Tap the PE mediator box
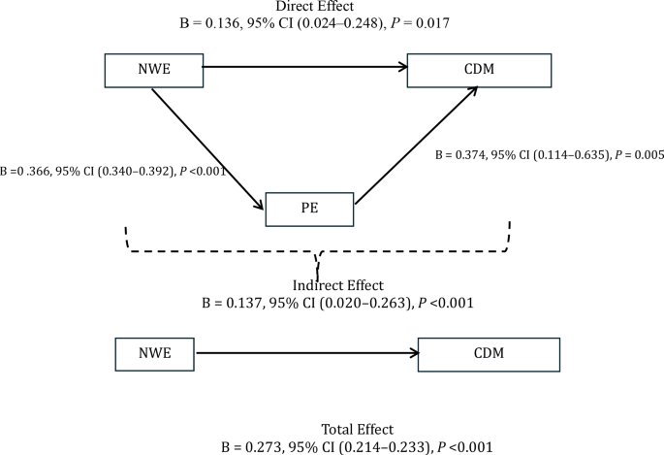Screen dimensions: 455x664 pos(310,208)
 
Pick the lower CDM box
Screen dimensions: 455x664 pos(490,354)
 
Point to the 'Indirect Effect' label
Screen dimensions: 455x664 pos(337,285)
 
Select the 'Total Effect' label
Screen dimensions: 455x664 pos(359,429)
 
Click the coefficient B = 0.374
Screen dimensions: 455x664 pos(464,154)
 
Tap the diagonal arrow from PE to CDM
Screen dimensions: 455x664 pos(417,146)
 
